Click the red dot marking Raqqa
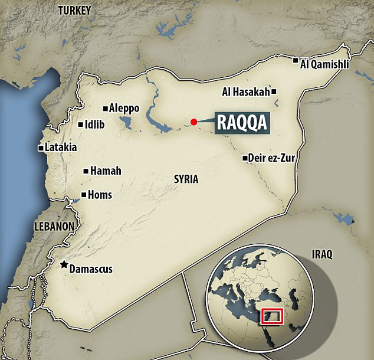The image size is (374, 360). point(193,122)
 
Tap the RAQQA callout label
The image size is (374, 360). point(242,122)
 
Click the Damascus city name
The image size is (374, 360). point(91,269)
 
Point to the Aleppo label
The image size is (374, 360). point(124,108)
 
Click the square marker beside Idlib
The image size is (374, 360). point(81,125)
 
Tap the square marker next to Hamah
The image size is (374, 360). point(86,171)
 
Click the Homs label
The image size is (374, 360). point(100,195)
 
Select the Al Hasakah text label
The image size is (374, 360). point(246,91)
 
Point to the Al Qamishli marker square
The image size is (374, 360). point(296,60)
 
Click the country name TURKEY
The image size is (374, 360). point(74,10)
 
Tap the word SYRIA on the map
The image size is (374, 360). point(186,179)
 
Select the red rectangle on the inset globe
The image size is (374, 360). point(274,316)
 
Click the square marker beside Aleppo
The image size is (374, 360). point(105,108)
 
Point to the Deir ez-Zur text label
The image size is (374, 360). point(273,158)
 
